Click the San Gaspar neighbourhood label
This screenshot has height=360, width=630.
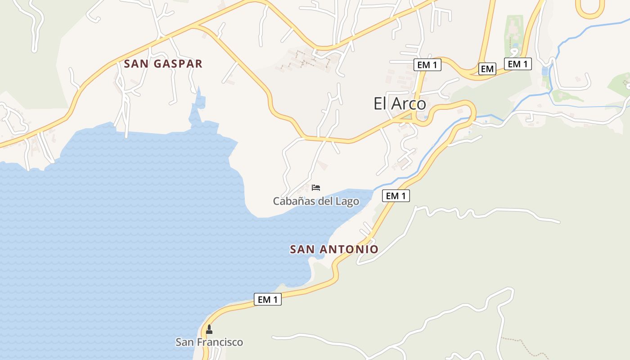pyautogui.click(x=163, y=64)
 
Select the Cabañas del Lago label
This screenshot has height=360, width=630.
pyautogui.click(x=316, y=201)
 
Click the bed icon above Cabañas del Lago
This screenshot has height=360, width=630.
pyautogui.click(x=316, y=187)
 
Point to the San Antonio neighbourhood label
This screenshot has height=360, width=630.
pyautogui.click(x=334, y=249)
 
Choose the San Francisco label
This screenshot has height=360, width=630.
pyautogui.click(x=209, y=342)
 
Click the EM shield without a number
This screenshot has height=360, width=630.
pyautogui.click(x=487, y=69)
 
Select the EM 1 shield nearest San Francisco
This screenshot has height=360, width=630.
pyautogui.click(x=268, y=299)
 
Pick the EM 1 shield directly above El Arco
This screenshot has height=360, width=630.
pyautogui.click(x=427, y=65)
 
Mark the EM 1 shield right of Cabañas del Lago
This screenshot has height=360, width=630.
pyautogui.click(x=396, y=196)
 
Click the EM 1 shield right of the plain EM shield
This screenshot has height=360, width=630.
pyautogui.click(x=517, y=64)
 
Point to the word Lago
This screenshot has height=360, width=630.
pyautogui.click(x=347, y=201)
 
